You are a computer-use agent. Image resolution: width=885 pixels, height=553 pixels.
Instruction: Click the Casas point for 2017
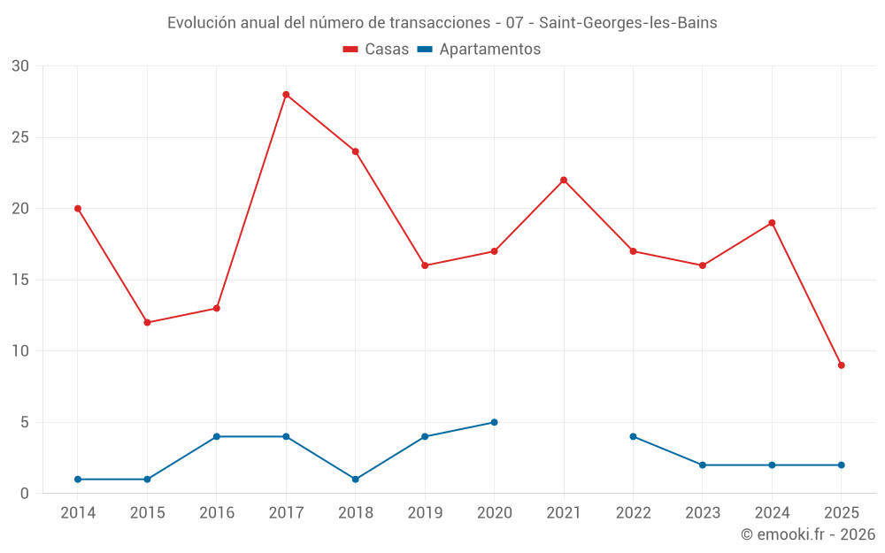pos(286,95)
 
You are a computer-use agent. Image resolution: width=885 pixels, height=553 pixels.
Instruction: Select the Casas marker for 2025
pos(841,365)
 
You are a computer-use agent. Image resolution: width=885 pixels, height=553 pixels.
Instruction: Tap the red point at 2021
pos(564,180)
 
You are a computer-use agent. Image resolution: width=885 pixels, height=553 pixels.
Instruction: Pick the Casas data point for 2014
pos(78,209)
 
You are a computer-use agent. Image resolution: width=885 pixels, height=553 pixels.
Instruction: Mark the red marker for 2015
pos(147,323)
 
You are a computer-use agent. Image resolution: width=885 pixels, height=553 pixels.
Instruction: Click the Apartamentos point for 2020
pos(494,422)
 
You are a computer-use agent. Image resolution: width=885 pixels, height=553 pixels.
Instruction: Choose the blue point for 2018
pos(355,480)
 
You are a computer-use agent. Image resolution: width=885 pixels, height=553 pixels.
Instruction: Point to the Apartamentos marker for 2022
pos(633,436)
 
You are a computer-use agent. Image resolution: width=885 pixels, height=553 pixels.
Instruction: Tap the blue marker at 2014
pos(78,480)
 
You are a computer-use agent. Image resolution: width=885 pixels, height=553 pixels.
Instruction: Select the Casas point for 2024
pos(772,223)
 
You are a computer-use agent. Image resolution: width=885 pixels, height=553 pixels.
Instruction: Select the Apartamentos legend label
pos(489,50)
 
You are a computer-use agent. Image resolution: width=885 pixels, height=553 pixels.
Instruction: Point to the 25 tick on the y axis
pos(20,137)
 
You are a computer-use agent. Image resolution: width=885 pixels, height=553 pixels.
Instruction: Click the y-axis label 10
pos(20,351)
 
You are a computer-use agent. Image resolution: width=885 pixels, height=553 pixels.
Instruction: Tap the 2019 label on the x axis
pos(425,513)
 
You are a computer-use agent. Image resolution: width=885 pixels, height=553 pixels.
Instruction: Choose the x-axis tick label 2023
pos(703,513)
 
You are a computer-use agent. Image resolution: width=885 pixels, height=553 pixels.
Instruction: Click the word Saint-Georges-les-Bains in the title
pos(628,23)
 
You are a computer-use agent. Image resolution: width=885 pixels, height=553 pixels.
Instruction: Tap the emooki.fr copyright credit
pos(808,534)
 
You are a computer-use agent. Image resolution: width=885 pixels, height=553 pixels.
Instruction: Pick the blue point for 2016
pos(217,436)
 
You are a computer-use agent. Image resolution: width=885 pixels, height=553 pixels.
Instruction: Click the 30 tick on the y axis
pos(20,66)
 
